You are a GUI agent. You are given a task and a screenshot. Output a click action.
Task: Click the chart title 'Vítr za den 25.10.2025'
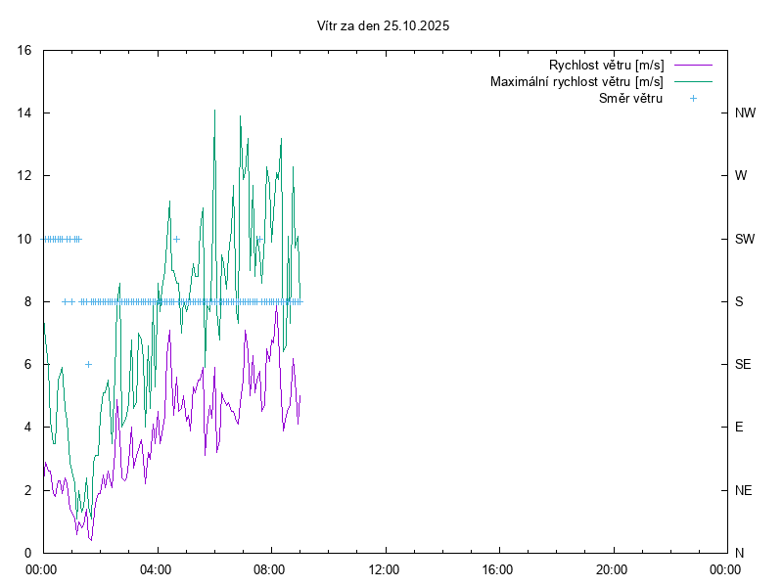point(384,26)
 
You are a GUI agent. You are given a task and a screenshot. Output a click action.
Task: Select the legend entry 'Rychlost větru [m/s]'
point(606,66)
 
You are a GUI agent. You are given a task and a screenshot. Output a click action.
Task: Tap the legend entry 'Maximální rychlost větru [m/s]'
point(576,81)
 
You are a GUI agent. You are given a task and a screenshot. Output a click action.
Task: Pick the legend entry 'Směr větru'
point(630,98)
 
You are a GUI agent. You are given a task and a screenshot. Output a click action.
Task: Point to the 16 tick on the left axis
point(24,50)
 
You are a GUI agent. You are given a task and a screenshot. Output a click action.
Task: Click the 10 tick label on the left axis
point(24,239)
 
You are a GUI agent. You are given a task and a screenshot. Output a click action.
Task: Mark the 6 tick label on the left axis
point(28,364)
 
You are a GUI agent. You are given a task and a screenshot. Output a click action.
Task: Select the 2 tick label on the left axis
point(28,489)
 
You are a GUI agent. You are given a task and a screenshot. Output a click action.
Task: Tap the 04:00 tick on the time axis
point(156,568)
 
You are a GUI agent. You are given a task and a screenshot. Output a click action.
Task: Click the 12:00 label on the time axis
point(384,568)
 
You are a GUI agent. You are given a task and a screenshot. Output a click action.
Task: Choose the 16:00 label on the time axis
point(498,568)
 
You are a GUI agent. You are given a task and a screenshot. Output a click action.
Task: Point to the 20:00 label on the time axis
point(612,568)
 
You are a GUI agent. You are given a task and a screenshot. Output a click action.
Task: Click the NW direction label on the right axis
point(745,113)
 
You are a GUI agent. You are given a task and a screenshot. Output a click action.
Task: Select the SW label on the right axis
point(744,239)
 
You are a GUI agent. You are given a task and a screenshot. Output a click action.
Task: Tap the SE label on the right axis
point(743,364)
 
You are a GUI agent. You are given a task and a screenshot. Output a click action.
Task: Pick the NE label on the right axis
point(743,489)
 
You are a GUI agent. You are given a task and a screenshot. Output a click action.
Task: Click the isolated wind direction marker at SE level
point(88,364)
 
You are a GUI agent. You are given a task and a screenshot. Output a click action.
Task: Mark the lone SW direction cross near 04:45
point(176,239)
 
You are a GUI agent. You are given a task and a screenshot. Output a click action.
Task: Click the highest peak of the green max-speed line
point(214,110)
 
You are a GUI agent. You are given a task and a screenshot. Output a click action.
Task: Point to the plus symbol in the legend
point(692,98)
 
